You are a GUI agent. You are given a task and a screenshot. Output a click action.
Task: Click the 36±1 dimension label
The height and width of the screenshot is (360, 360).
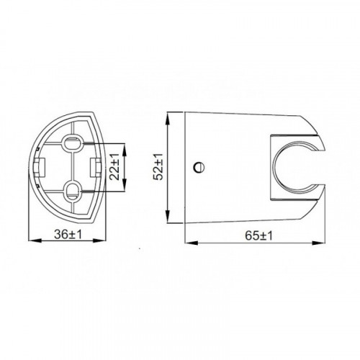[68, 234]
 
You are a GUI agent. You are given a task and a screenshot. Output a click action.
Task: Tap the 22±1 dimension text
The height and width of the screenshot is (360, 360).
[114, 167]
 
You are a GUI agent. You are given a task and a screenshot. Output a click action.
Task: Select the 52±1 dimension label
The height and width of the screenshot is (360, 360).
[158, 166]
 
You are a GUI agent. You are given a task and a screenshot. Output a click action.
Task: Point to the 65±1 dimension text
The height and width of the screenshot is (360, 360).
[258, 236]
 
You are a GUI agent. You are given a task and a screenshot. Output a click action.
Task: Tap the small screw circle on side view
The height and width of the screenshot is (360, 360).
[199, 167]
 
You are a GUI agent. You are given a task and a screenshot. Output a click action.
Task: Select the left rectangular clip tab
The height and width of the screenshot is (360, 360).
[40, 167]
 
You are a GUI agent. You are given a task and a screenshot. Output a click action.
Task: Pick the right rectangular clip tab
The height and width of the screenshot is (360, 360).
[95, 167]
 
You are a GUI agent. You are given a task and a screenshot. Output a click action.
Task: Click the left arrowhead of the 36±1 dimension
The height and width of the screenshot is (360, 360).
[35, 240]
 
